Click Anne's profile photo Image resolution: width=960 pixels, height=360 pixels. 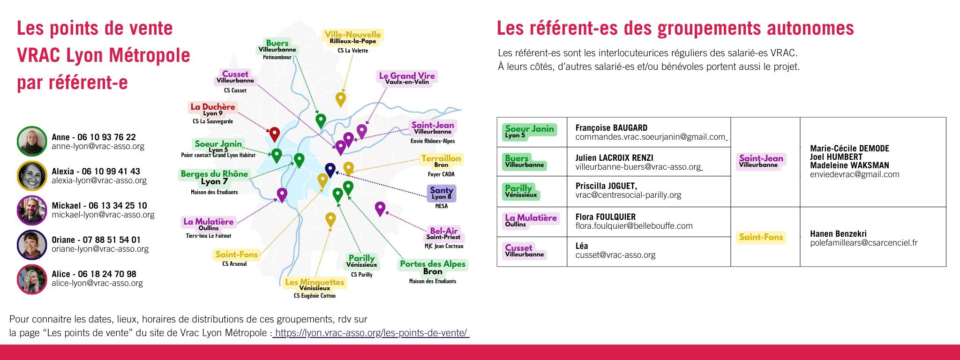[32, 141]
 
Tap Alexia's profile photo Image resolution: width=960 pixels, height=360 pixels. [32, 176]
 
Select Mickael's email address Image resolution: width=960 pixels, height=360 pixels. [103, 215]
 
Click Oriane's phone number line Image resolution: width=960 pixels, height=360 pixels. [96, 240]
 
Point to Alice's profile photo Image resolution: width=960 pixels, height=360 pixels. [32, 279]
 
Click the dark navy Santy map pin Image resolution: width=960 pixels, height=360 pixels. [330, 170]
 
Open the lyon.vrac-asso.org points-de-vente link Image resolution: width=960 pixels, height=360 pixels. [371, 333]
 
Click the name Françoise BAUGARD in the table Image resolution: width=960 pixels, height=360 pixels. [611, 127]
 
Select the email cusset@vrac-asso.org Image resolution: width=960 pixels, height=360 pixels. [615, 255]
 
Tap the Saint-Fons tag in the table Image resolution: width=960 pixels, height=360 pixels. [761, 237]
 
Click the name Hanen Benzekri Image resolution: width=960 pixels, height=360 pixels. [838, 233]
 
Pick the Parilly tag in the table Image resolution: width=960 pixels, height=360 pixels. [521, 191]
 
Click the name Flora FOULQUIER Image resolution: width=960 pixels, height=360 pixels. [606, 217]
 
